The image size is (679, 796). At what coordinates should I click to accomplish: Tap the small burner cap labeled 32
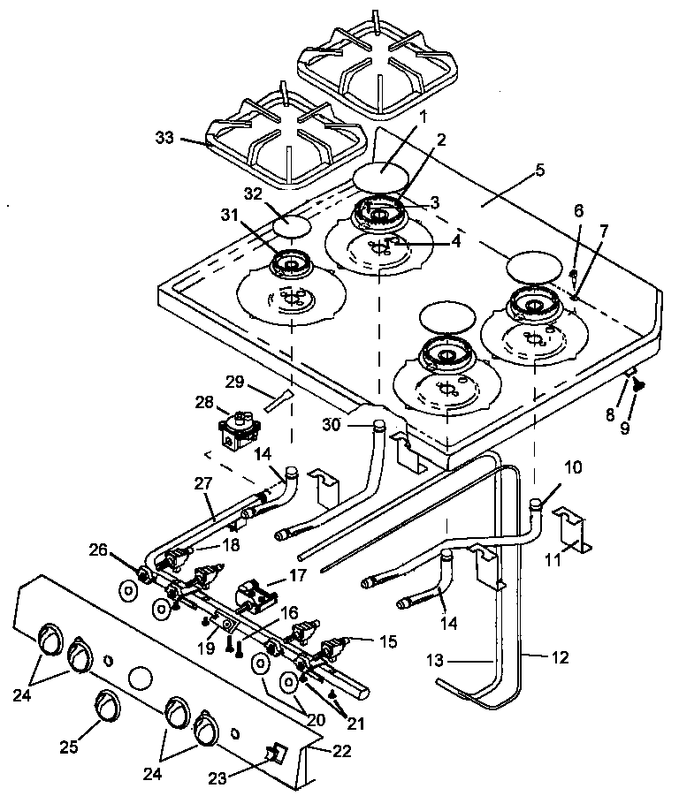pos(292,225)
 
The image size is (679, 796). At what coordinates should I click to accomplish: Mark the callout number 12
pos(559,657)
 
